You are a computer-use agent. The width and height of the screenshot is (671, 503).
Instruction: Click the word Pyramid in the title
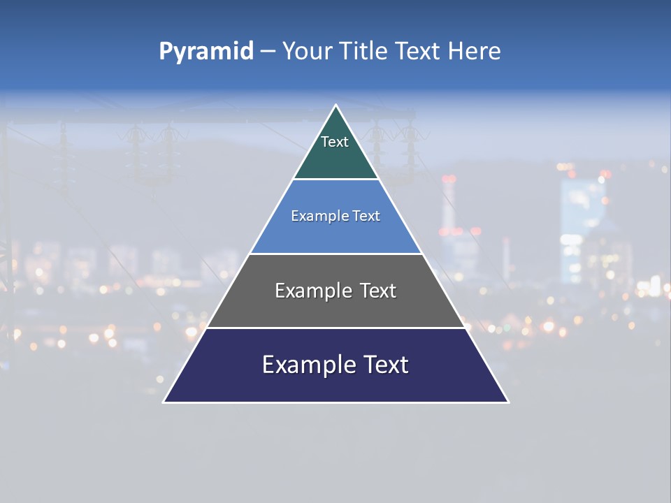tap(205, 52)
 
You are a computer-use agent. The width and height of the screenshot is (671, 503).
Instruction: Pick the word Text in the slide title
tap(418, 52)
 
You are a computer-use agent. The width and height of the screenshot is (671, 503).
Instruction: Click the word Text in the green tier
tap(335, 142)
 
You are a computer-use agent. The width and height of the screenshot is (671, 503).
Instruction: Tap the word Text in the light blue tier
tap(367, 216)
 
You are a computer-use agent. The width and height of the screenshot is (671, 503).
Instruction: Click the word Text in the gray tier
tap(377, 291)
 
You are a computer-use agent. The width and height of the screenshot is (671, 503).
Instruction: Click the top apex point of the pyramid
tap(335, 105)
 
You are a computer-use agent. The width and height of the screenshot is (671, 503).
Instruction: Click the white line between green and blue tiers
tap(335, 180)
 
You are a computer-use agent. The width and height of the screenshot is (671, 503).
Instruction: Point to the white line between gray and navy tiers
tap(335, 328)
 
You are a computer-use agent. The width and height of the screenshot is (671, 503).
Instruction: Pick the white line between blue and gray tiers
tap(335, 254)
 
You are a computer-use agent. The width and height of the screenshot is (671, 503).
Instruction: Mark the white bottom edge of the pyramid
tap(335, 402)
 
